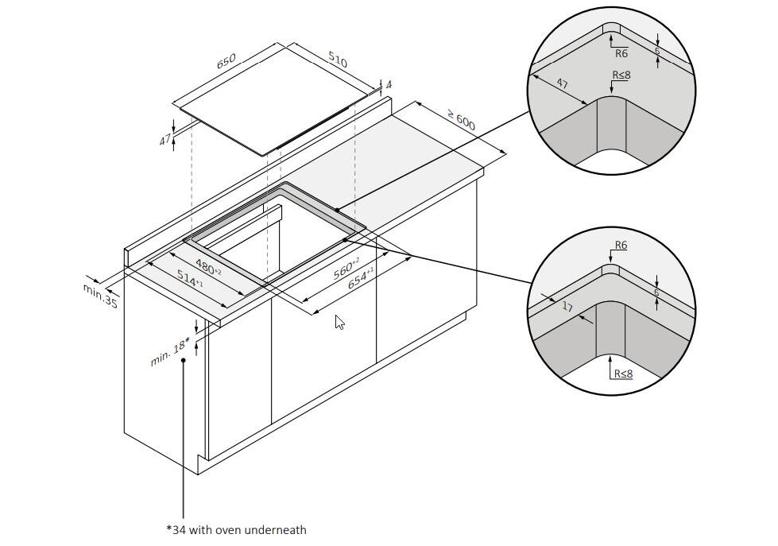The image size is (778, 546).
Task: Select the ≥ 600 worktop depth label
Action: tap(460, 120)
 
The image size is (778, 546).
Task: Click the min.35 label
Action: tap(100, 295)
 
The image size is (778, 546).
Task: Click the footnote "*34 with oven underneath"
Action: tap(236, 529)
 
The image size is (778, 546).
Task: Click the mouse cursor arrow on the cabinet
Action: tap(339, 322)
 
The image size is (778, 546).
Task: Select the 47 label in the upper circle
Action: tap(561, 83)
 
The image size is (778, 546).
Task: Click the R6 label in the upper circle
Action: tap(621, 53)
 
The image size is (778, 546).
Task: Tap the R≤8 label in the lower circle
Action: tap(622, 371)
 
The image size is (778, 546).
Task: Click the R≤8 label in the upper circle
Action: tap(621, 75)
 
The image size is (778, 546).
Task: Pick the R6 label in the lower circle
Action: tap(621, 246)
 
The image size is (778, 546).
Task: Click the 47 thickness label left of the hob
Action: tap(165, 140)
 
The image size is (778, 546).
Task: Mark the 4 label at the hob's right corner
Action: tap(389, 84)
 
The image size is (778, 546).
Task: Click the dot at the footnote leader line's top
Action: tap(184, 360)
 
